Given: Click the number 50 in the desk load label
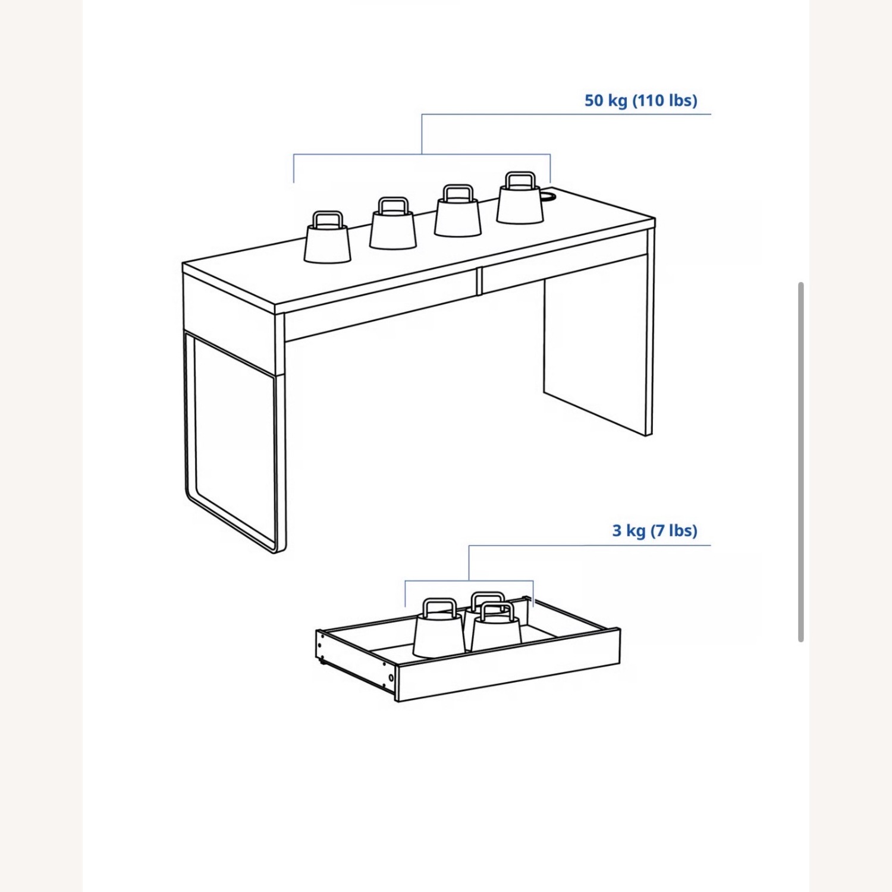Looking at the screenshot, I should tap(594, 100).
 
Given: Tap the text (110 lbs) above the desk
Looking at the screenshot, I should tap(664, 100).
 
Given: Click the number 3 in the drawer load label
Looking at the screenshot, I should tap(617, 530).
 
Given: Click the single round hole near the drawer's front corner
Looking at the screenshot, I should tap(391, 678).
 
